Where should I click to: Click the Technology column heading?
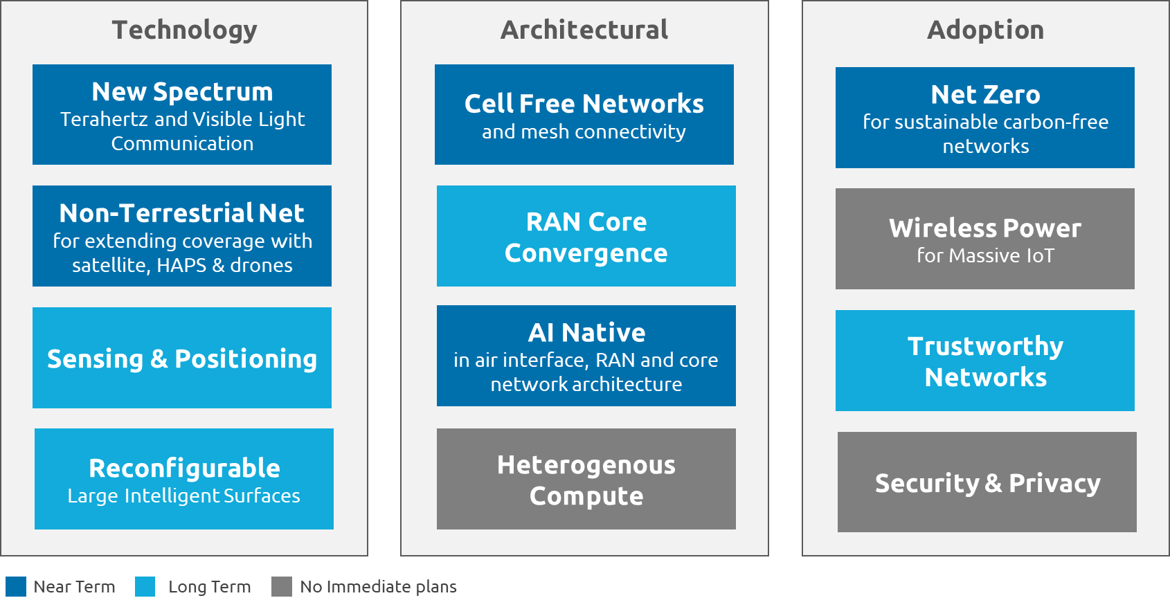[x=184, y=30]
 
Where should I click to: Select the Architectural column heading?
[x=584, y=30]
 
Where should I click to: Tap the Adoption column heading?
[x=985, y=30]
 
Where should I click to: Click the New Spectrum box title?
[x=182, y=91]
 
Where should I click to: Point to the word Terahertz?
[x=104, y=119]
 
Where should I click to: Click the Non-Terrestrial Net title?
[x=181, y=213]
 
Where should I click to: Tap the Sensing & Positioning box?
[x=182, y=359]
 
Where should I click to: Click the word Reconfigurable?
[x=184, y=469]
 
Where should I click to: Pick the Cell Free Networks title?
[x=584, y=104]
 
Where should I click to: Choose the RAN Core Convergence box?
[x=586, y=237]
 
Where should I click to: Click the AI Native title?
[x=586, y=333]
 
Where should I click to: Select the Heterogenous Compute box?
[x=586, y=480]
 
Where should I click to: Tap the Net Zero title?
[x=985, y=94]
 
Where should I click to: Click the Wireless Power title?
[x=984, y=228]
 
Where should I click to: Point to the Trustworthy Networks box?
[x=985, y=361]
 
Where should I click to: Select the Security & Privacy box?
[x=987, y=483]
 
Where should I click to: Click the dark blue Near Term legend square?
[x=15, y=586]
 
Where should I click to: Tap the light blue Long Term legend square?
[x=145, y=586]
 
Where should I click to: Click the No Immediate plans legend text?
[x=378, y=587]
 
